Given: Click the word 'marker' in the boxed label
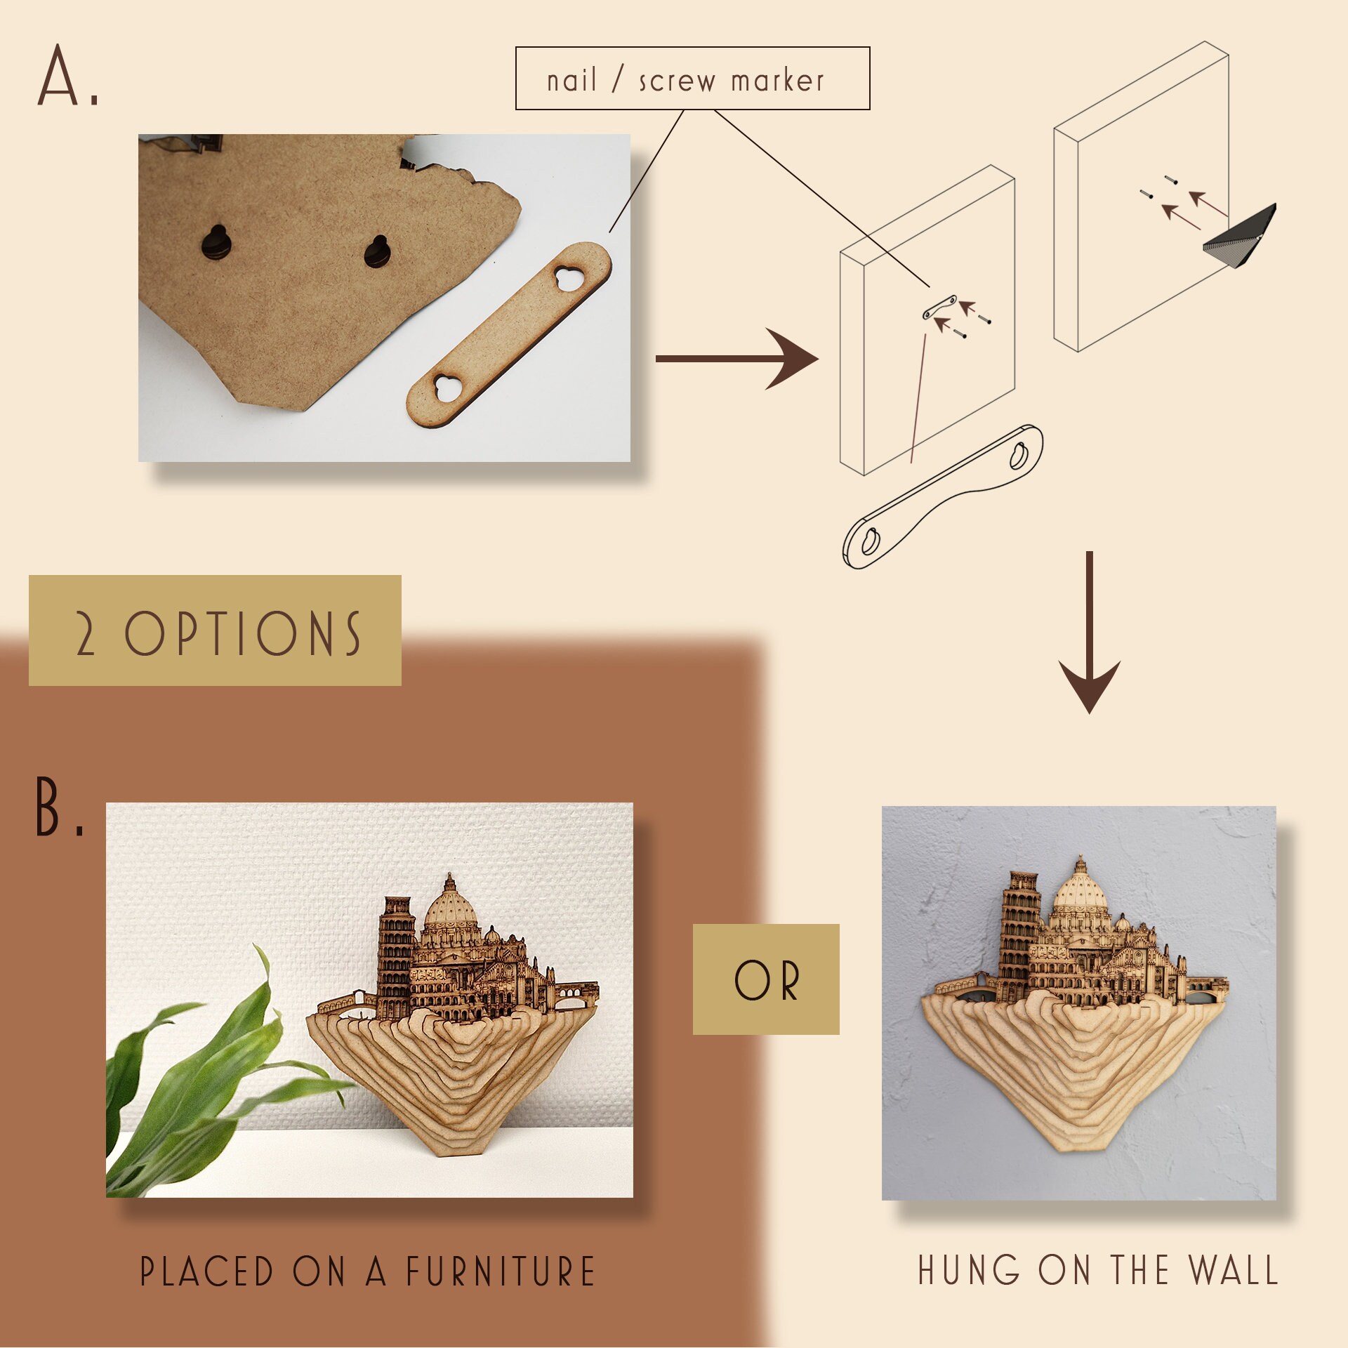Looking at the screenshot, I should point(777,81).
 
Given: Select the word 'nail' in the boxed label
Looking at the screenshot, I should point(571,81).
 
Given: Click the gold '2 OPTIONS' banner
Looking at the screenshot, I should point(215,630).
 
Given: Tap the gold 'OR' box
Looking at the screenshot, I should point(765,979).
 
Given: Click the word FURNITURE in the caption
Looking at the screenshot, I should point(501,1271).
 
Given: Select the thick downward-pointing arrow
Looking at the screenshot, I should point(1089,632).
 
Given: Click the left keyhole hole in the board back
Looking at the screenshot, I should point(216,242).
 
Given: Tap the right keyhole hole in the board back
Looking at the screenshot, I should point(378,251).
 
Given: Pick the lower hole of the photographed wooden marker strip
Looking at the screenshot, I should point(447,388).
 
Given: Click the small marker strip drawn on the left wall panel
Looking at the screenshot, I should point(939,308).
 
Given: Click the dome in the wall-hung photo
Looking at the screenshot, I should point(1081,892).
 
